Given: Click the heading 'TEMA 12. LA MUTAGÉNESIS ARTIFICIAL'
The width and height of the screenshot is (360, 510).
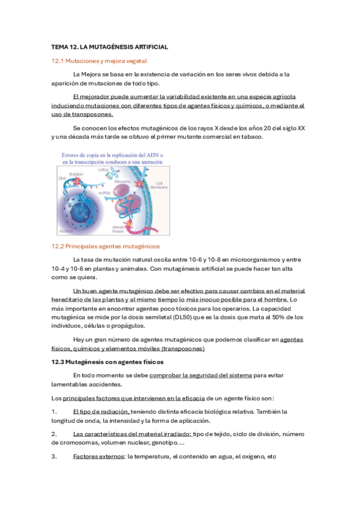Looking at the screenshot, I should coord(109,47).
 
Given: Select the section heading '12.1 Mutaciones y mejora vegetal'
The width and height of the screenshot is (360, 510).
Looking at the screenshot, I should coord(99,61).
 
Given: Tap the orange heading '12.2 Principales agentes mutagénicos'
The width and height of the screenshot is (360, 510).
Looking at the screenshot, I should coord(106,246).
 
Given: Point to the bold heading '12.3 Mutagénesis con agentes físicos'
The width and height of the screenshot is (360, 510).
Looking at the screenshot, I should coord(108,362).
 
